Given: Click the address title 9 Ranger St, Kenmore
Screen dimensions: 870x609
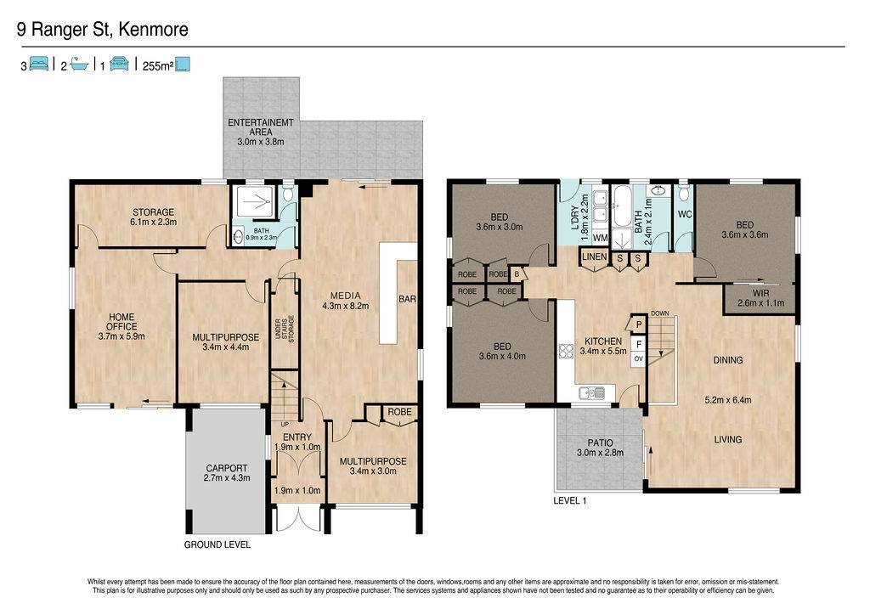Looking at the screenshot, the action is (103, 30).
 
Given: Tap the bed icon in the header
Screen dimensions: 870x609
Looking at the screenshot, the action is (39, 64).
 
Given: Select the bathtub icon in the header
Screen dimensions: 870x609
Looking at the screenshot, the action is (79, 64).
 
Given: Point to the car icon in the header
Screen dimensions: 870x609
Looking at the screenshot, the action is (119, 64).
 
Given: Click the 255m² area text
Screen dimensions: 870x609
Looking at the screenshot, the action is (158, 66).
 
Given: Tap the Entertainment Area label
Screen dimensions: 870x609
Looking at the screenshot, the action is (261, 132).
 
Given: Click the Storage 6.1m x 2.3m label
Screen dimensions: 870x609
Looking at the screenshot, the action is (153, 217).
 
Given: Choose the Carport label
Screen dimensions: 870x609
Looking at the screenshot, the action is (226, 472).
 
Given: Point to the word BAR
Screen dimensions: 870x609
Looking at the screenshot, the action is (407, 299).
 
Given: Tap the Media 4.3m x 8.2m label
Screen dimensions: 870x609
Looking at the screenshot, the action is (345, 301).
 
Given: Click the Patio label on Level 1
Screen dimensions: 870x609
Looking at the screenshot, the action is (601, 448).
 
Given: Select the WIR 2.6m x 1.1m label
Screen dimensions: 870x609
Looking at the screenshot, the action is (760, 298).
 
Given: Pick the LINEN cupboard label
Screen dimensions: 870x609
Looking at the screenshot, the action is (594, 257).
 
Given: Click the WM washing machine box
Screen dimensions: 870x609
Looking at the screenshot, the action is (601, 238).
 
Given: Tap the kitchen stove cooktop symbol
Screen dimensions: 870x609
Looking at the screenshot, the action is (565, 352).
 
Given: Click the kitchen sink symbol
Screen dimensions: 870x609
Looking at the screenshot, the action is (592, 393).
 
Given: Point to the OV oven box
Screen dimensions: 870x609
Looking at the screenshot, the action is (639, 358).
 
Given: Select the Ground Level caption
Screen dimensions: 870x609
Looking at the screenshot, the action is (217, 544).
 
